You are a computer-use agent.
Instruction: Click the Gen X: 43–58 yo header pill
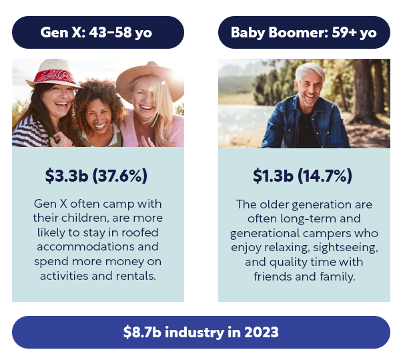click(98, 32)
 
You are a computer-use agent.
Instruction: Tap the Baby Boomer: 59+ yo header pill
click(304, 32)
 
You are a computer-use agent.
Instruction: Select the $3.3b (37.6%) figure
click(96, 176)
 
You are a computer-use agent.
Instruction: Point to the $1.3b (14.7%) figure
click(303, 176)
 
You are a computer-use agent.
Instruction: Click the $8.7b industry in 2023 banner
click(201, 332)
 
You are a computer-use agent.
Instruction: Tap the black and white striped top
click(30, 132)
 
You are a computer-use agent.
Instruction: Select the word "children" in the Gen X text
click(84, 218)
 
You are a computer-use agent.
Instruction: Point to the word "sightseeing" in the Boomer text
click(346, 248)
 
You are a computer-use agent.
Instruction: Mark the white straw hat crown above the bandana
click(54, 65)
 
